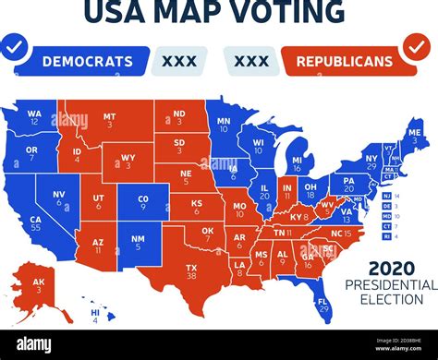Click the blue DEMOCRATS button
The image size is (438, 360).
[x=88, y=61]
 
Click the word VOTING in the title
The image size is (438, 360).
[x=285, y=12]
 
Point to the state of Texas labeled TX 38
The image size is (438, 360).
[x=192, y=270]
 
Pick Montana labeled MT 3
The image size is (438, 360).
[x=110, y=121]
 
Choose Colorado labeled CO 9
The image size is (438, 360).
[x=143, y=202]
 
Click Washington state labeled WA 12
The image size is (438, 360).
[x=34, y=116]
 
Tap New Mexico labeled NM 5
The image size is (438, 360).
[x=138, y=243]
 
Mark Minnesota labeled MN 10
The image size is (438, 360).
[x=223, y=126]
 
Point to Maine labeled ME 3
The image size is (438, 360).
[x=415, y=138]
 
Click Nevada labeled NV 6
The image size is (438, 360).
[x=59, y=198]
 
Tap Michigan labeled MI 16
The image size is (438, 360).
[x=297, y=164]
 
